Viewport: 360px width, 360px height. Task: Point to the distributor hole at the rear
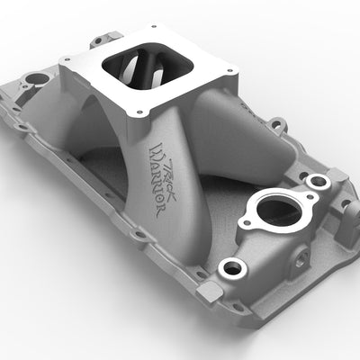pyautogui.click(x=37, y=79)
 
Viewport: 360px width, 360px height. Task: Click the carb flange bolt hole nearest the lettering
pyautogui.click(x=139, y=112)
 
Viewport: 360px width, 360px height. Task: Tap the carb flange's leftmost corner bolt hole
pyautogui.click(x=64, y=60)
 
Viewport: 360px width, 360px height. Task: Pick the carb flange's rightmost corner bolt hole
pyautogui.click(x=229, y=71)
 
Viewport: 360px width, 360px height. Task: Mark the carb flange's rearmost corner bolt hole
pyautogui.click(x=154, y=27)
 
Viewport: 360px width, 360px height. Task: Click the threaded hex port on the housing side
pyautogui.click(x=301, y=258)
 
